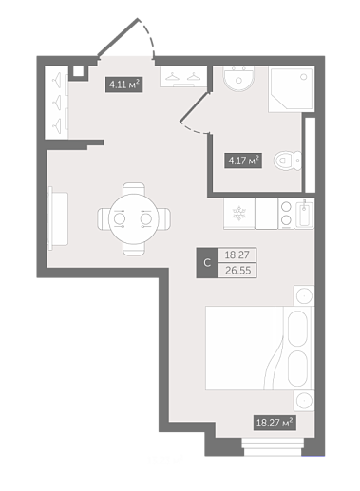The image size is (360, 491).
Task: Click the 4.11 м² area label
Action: coord(123,85)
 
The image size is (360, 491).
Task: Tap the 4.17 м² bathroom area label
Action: coord(243,161)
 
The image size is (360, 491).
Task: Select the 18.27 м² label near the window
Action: coord(275,423)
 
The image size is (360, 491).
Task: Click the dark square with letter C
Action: coord(207,263)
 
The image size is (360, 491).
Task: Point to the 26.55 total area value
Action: coord(237,271)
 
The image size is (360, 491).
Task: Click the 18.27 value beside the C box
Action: coord(237,255)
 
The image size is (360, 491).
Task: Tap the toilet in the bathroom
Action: coord(288,161)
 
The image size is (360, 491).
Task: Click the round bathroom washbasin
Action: coord(238,79)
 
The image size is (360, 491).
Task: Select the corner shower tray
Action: coord(292,89)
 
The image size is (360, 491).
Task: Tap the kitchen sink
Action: coord(304,214)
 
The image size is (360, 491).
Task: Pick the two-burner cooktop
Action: coord(286,214)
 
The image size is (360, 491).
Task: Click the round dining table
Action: coord(134,218)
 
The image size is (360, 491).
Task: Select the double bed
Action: coord(259,348)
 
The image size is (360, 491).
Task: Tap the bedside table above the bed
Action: coord(304,295)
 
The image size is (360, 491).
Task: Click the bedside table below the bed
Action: coord(304,401)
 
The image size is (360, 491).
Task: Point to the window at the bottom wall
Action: coord(273,446)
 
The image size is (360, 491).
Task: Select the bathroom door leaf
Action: coord(195,106)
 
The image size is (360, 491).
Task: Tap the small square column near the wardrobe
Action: coord(78,71)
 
